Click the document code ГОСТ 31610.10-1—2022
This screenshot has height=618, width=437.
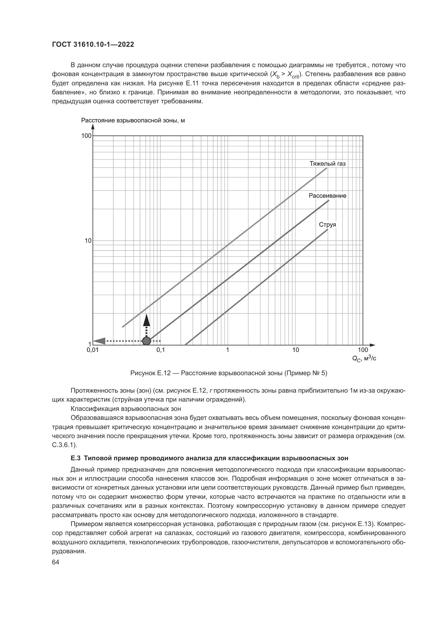(93, 45)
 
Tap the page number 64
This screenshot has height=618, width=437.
(55, 562)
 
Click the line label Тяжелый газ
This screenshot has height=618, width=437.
(327, 164)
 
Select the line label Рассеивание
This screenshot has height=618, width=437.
(327, 196)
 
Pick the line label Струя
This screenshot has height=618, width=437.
(327, 225)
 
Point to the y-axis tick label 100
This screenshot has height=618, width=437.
(86, 136)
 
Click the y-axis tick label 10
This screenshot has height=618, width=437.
(88, 241)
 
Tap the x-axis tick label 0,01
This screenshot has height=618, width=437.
(92, 350)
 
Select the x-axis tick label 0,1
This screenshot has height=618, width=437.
(160, 350)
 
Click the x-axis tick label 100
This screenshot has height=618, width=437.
(363, 350)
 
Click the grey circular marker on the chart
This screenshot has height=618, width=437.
(146, 341)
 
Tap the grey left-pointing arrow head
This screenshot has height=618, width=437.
(99, 341)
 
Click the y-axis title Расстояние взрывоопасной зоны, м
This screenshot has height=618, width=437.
(133, 120)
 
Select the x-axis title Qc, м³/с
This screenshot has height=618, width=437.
(364, 358)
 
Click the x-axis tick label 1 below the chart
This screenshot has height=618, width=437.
(228, 350)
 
